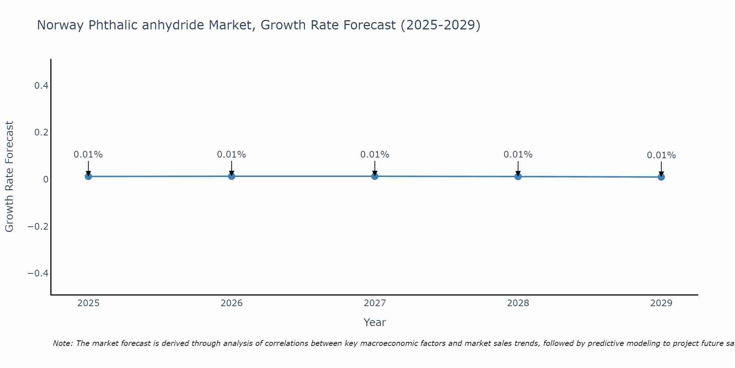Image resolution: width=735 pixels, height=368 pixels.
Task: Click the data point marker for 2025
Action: (88, 176)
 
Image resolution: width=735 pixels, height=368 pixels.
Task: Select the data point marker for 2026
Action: (232, 176)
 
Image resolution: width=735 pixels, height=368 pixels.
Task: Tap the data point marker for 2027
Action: (375, 176)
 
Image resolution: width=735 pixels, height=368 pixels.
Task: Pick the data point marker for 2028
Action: (518, 176)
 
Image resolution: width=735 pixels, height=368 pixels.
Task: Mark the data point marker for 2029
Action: (661, 177)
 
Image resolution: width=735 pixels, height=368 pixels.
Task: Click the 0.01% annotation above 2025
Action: (88, 155)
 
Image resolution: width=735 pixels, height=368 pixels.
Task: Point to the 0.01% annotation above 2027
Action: (375, 155)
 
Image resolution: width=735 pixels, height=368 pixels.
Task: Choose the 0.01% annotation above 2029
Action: (661, 155)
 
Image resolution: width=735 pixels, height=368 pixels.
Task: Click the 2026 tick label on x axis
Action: (232, 303)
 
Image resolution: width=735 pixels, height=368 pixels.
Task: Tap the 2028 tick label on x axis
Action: (518, 303)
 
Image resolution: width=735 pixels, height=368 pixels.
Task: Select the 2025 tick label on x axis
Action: (89, 303)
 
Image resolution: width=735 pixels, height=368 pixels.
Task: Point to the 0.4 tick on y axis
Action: (41, 86)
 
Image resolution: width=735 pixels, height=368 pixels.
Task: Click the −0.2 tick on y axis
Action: (38, 226)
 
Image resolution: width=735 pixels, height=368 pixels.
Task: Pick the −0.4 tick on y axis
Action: (38, 273)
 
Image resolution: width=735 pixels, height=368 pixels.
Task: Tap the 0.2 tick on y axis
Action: (41, 132)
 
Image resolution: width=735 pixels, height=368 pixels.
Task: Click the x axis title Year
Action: (374, 322)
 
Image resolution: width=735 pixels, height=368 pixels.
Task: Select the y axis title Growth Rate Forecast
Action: (9, 176)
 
